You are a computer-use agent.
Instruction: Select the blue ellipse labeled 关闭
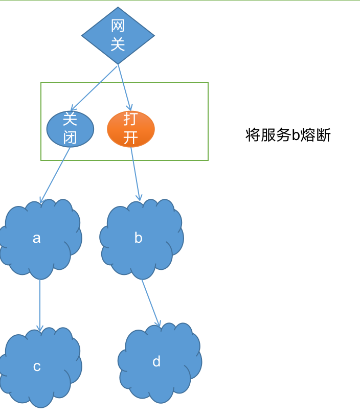pyautogui.click(x=70, y=129)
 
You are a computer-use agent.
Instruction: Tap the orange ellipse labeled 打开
pyautogui.click(x=130, y=129)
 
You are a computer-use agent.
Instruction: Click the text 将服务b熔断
pyautogui.click(x=288, y=135)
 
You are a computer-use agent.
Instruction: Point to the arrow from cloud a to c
pyautogui.click(x=40, y=305)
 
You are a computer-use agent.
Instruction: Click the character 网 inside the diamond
pyautogui.click(x=118, y=26)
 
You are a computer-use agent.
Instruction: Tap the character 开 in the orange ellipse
pyautogui.click(x=130, y=138)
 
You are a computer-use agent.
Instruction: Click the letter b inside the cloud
pyautogui.click(x=138, y=238)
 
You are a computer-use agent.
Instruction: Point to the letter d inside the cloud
pyautogui.click(x=156, y=361)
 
